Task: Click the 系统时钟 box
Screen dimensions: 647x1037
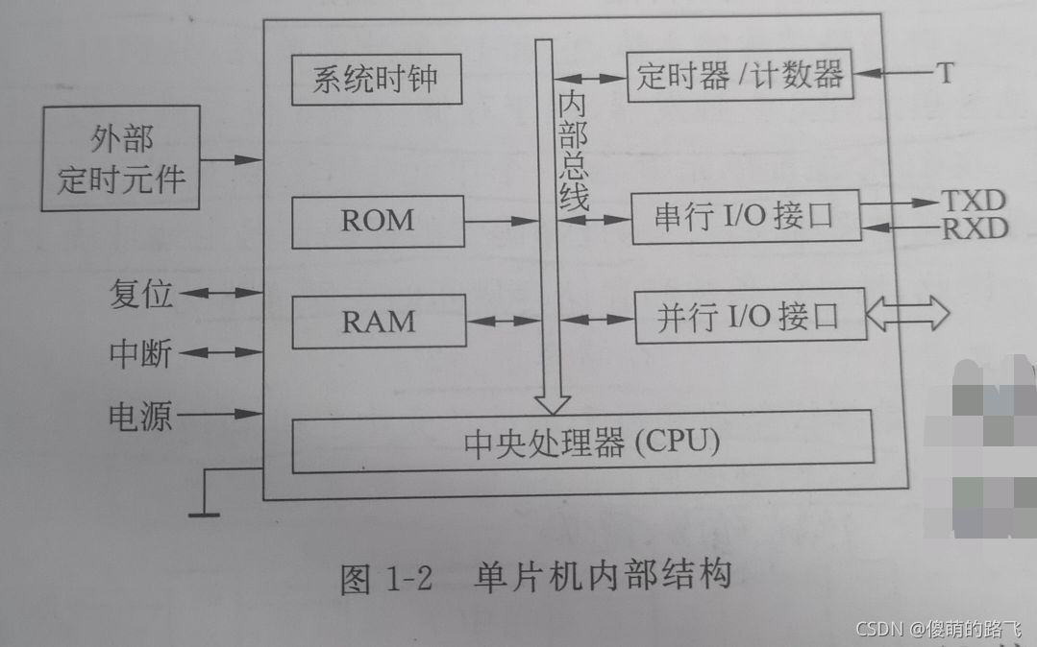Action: coord(376,81)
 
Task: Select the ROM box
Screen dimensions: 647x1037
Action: coord(377,222)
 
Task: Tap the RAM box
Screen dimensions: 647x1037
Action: coord(378,322)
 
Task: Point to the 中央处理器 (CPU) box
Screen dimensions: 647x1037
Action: coord(581,442)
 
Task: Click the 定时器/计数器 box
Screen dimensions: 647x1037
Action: coord(738,75)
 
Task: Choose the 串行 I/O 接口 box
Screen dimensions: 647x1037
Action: coord(745,218)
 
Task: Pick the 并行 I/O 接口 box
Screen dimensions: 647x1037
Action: coord(749,316)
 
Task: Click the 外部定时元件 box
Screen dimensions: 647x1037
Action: coord(120,158)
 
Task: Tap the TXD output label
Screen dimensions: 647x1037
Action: coord(973,201)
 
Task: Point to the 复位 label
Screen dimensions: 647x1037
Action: coord(141,294)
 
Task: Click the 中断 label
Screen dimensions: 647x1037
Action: coord(140,354)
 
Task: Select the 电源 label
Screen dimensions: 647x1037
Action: coord(140,416)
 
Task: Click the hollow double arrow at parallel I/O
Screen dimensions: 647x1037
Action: coord(908,314)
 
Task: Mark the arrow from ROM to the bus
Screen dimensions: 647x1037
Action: coord(500,222)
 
